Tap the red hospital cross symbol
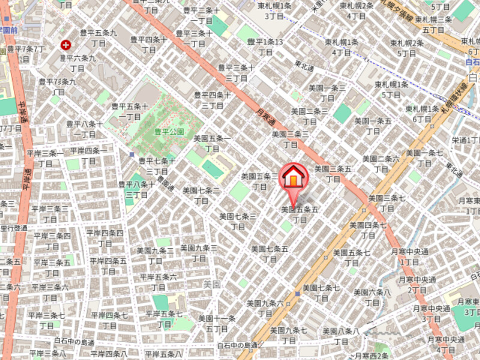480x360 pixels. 65,44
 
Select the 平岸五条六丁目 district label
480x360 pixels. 158,281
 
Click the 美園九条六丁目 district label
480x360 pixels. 265,308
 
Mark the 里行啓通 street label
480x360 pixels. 13,228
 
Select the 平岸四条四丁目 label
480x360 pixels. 105,238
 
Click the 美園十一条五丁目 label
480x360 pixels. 217,323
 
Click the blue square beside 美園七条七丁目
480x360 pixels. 297,293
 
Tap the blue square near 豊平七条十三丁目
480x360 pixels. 132,154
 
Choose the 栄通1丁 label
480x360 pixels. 466,140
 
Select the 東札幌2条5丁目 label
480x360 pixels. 407,47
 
